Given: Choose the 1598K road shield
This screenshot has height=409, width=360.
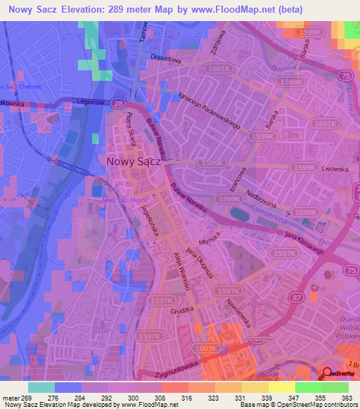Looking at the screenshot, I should click(305, 212).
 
